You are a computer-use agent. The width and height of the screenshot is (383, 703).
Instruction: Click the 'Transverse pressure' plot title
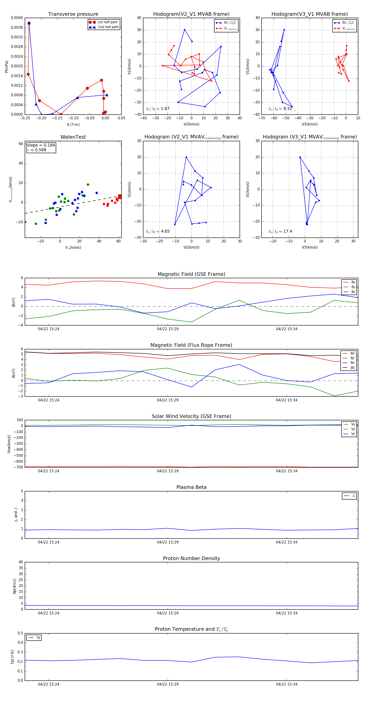point(73,14)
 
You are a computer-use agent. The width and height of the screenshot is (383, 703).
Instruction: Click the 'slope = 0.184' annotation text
point(41,145)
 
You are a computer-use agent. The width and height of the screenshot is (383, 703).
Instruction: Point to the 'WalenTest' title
point(73,137)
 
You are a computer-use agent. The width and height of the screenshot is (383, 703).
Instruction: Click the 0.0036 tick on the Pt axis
point(17,27)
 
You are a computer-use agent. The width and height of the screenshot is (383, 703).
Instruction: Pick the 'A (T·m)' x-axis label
point(73,124)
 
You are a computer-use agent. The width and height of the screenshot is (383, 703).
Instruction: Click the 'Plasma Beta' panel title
point(191,487)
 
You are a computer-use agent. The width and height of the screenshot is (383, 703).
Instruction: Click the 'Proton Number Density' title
point(191,558)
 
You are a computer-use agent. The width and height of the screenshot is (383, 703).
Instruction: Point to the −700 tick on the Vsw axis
point(20,467)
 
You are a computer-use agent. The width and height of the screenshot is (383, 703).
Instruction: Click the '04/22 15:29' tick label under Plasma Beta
point(168,542)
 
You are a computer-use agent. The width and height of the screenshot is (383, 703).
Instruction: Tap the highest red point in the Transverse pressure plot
point(29,23)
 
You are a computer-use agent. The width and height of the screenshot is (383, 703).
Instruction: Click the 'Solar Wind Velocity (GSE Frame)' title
point(191,416)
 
